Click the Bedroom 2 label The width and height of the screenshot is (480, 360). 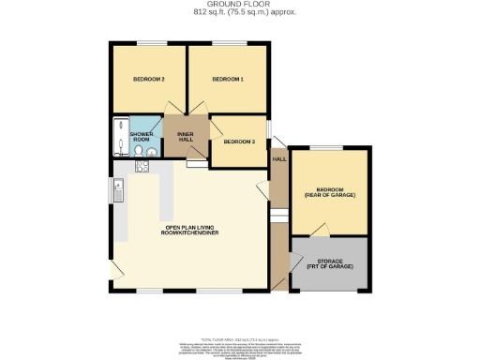click(150, 80)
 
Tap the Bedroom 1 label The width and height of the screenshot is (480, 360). click(228, 80)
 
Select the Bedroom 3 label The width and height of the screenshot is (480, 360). click(238, 142)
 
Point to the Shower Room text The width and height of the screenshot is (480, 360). click(142, 137)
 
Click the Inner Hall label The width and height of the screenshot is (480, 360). click(186, 137)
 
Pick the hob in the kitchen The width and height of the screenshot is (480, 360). click(142, 168)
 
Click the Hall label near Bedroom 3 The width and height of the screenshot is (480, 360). click(278, 159)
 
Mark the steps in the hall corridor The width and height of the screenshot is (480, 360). click(277, 217)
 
